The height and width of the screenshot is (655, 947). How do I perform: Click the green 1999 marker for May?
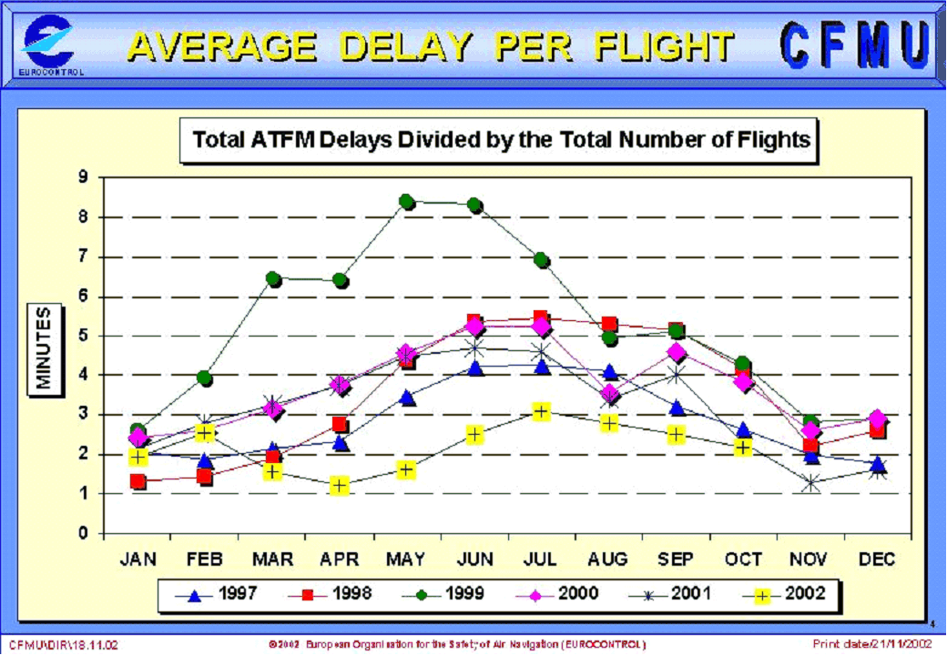coord(407,202)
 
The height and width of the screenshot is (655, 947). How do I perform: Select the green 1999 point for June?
coord(474,206)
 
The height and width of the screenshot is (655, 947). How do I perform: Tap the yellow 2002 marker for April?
coord(340,486)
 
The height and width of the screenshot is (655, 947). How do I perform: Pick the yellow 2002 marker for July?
coord(542,412)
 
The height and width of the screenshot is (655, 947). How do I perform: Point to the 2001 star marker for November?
coord(810,484)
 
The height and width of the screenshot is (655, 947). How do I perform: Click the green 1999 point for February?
coord(205,378)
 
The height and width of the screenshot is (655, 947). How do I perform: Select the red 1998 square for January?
coord(138,481)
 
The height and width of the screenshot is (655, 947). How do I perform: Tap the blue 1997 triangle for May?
coord(407,398)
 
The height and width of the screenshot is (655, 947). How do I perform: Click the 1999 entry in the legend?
coord(446,595)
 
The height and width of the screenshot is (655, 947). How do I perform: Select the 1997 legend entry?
coord(219,595)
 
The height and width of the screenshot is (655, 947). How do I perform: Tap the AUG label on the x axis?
coord(608,559)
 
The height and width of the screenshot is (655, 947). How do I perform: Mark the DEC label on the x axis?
coord(877,559)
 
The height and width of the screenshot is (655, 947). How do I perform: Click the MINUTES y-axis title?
coord(45,350)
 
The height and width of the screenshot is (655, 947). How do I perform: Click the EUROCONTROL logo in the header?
coord(50,45)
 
